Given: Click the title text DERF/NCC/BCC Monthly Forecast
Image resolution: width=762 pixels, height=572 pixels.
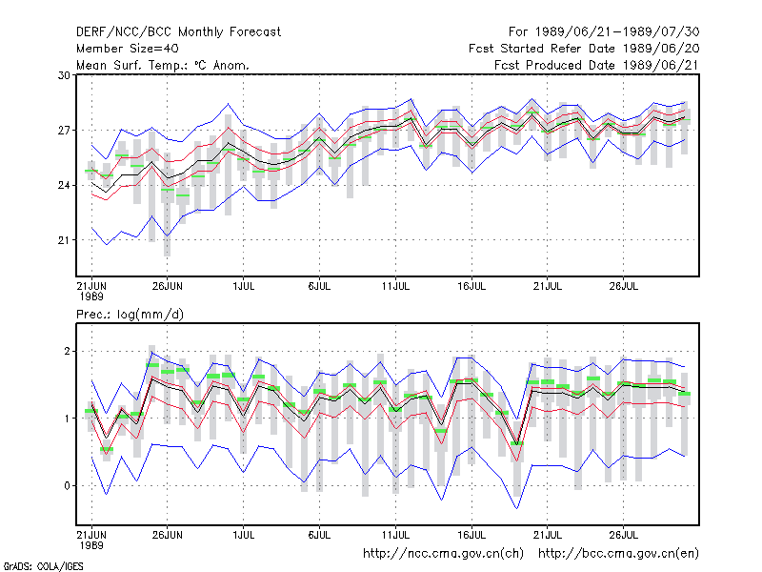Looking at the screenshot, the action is pyautogui.click(x=178, y=32).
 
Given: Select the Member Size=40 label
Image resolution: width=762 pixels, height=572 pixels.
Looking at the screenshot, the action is pyautogui.click(x=128, y=49).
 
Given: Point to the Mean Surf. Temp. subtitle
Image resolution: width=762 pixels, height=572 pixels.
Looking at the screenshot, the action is pyautogui.click(x=162, y=65).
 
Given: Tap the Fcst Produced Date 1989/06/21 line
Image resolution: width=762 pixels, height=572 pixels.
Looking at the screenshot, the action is pyautogui.click(x=597, y=65).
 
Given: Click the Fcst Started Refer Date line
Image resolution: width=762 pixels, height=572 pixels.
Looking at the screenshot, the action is pyautogui.click(x=584, y=49).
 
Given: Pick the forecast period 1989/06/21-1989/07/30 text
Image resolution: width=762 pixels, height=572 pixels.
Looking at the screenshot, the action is pyautogui.click(x=604, y=32).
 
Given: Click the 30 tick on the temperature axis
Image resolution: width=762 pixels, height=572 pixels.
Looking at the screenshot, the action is pyautogui.click(x=64, y=75).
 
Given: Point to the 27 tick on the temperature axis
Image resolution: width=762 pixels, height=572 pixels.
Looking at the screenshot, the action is pyautogui.click(x=64, y=131).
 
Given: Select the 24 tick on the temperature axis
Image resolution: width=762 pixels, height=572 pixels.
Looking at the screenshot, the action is pyautogui.click(x=64, y=185).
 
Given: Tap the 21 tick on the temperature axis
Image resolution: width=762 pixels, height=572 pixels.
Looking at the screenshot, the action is pyautogui.click(x=64, y=240).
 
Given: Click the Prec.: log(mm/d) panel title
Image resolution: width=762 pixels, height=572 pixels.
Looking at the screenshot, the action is pyautogui.click(x=130, y=315).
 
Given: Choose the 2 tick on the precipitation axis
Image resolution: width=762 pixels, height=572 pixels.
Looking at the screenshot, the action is pyautogui.click(x=67, y=351).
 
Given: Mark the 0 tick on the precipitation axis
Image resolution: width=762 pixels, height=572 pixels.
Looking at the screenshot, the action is pyautogui.click(x=67, y=486).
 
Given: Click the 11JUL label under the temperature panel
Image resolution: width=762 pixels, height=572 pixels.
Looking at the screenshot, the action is pyautogui.click(x=395, y=287).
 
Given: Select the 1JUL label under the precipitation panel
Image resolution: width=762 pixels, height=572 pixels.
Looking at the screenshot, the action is pyautogui.click(x=244, y=535).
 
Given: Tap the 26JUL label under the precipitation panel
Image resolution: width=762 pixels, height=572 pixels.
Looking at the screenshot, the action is pyautogui.click(x=624, y=535).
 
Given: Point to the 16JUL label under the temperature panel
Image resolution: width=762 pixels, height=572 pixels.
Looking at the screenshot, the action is pyautogui.click(x=471, y=287).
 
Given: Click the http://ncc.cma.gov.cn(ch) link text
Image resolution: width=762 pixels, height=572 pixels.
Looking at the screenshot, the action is pyautogui.click(x=443, y=554).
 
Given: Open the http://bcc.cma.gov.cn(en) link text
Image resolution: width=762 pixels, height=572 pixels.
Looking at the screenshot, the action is pyautogui.click(x=618, y=554).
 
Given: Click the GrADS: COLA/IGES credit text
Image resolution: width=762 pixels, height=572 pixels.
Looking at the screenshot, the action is pyautogui.click(x=43, y=566).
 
